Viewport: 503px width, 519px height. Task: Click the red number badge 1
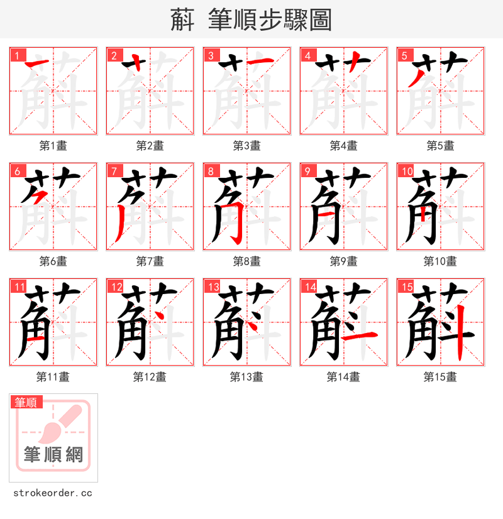[17, 55]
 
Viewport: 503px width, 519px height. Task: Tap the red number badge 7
[114, 171]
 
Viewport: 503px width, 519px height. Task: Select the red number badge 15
[406, 287]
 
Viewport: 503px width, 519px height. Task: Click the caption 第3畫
[246, 146]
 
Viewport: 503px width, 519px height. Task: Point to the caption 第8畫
[246, 261]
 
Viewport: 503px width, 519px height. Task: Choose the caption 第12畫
[150, 377]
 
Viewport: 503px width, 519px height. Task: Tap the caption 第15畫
[440, 377]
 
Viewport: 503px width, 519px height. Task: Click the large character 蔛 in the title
[182, 20]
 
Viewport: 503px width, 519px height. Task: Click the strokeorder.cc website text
[52, 493]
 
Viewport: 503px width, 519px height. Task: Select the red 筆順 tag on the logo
[26, 402]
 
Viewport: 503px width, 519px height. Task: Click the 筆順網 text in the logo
[53, 454]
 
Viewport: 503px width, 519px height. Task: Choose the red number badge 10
[407, 171]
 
